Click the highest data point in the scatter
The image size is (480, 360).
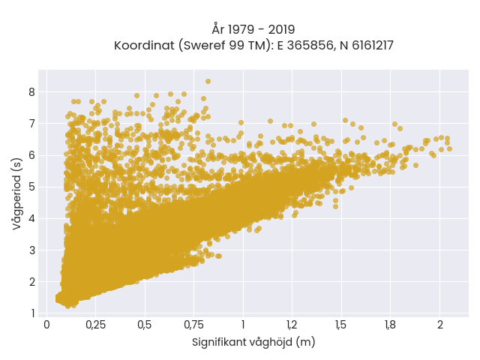click(x=208, y=82)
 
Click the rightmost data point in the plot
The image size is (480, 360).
click(x=449, y=149)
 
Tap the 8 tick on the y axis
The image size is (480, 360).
click(x=32, y=92)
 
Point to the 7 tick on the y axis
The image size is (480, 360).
click(x=32, y=124)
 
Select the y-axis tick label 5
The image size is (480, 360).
click(x=32, y=187)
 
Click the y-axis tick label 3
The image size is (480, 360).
click(x=32, y=250)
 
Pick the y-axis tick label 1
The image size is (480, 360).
click(x=33, y=313)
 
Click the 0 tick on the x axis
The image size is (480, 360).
click(x=46, y=325)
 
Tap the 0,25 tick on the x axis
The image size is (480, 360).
click(x=95, y=325)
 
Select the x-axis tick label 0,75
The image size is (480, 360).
click(x=193, y=325)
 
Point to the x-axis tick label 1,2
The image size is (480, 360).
click(x=292, y=325)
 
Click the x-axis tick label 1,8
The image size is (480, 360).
click(x=390, y=325)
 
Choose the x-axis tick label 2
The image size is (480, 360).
click(x=440, y=325)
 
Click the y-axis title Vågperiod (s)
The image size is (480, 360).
click(x=17, y=194)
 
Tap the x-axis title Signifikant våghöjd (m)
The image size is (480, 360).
click(x=253, y=342)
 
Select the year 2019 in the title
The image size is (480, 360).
click(x=282, y=30)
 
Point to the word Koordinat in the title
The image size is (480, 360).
click(x=144, y=46)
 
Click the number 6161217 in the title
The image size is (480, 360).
click(x=373, y=46)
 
